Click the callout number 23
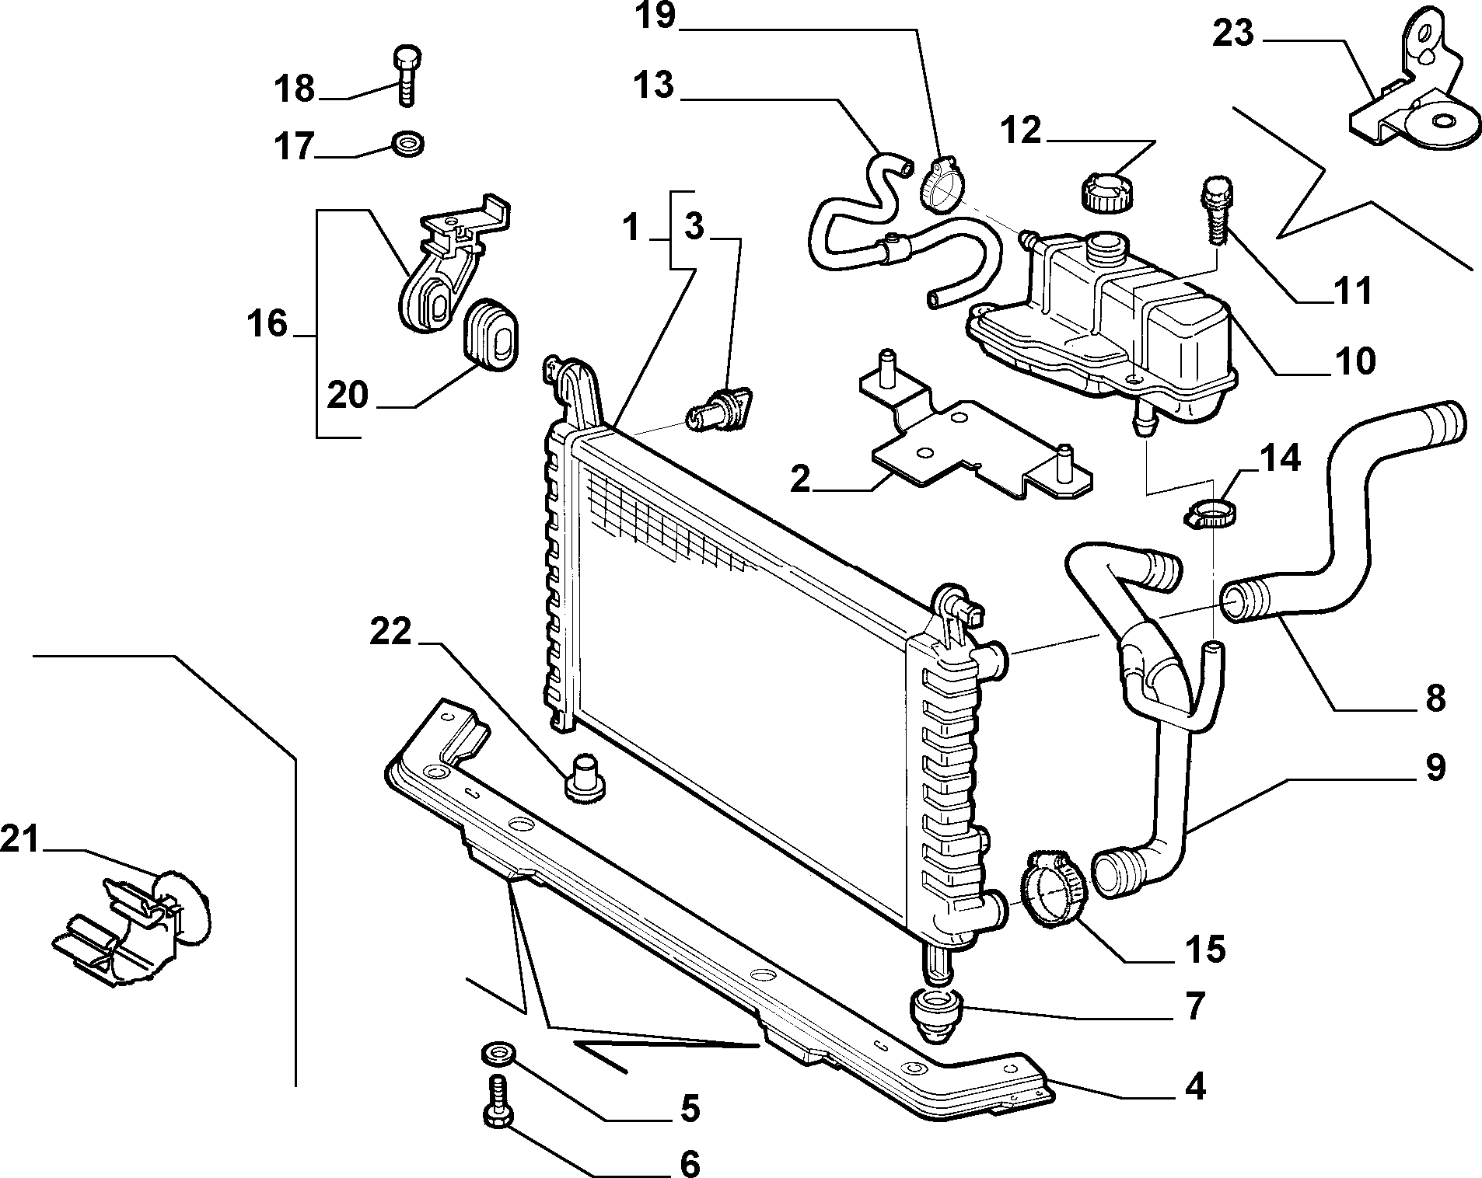coord(1233,34)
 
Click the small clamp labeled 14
coord(1213,514)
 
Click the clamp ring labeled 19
coord(938,184)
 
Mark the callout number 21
coord(19,840)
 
